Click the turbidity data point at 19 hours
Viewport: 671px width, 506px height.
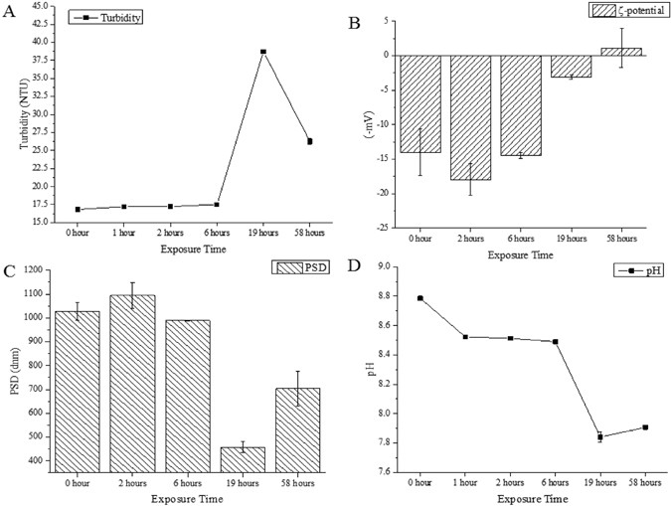[x=263, y=52]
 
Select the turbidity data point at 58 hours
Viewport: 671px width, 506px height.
[x=310, y=141]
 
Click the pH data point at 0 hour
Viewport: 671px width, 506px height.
[x=420, y=298]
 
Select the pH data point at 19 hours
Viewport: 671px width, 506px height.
[x=601, y=436]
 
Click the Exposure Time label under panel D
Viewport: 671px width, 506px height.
[x=532, y=497]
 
